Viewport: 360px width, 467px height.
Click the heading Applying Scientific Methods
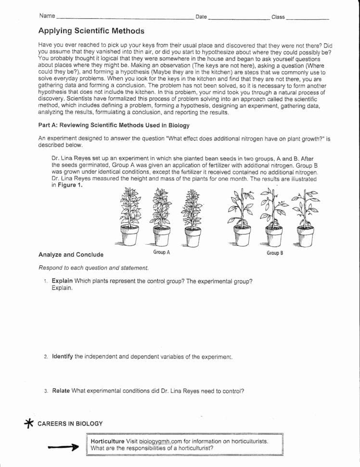91,31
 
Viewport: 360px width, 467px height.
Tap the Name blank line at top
124,18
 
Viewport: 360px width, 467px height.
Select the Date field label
201,17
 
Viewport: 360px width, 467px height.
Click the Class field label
278,17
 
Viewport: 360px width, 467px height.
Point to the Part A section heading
114,125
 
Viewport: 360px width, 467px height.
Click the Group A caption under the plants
161,252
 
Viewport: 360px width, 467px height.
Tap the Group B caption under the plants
275,253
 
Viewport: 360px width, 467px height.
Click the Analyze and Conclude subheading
71,255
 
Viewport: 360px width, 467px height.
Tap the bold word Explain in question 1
62,281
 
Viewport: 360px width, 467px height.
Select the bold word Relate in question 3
61,391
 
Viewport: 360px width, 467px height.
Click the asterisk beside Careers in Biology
29,423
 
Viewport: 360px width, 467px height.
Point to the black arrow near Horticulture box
63,447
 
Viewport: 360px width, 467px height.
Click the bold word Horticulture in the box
107,441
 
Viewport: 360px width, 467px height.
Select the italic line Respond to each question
93,268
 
